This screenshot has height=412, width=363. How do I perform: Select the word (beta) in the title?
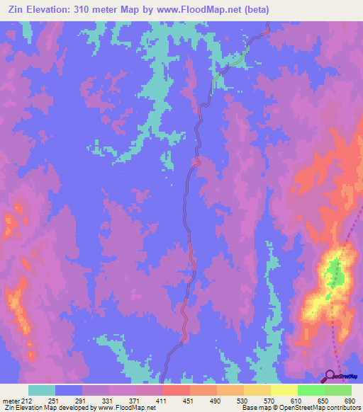253,9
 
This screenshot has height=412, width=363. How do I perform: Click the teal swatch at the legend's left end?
42,391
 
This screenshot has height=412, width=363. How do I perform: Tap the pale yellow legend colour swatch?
284,391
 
